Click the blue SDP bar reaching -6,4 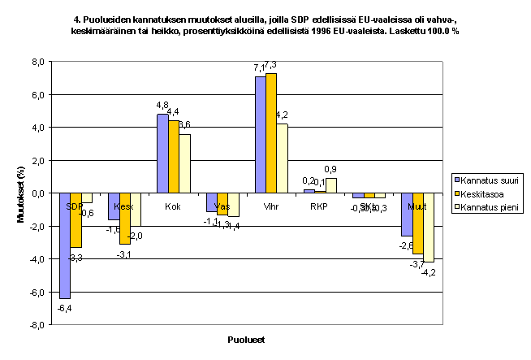(65, 245)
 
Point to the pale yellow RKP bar (330, 185)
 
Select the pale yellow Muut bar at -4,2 (427, 227)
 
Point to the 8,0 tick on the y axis (37, 62)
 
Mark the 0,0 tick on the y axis (37, 193)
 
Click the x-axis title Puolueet (244, 339)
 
